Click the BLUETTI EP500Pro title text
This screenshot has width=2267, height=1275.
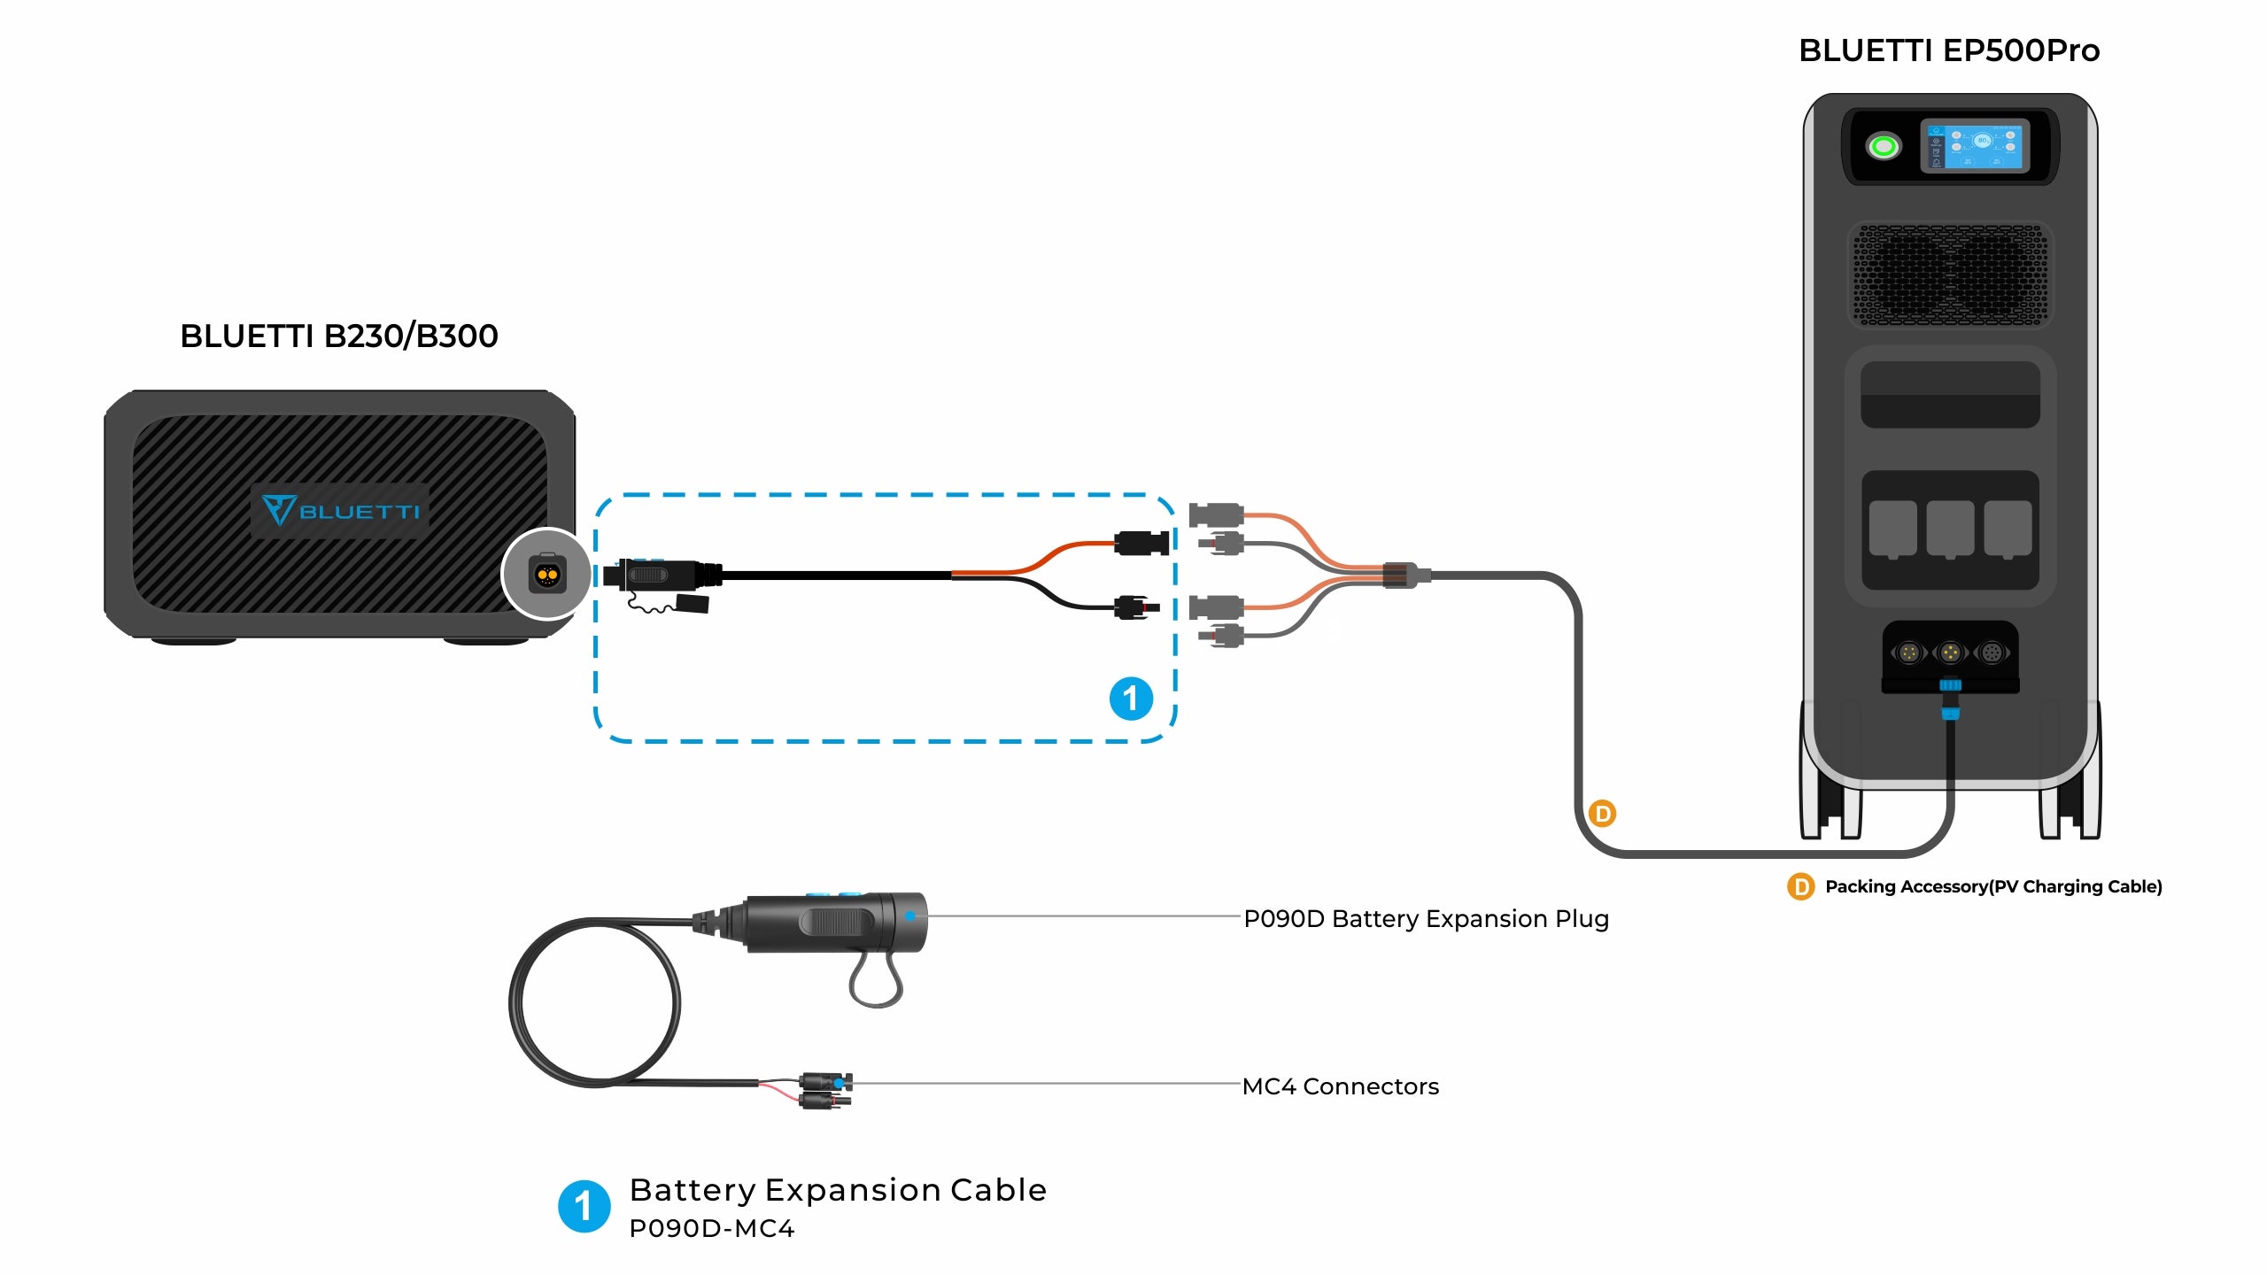[1948, 50]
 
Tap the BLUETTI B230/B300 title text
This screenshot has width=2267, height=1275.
[338, 336]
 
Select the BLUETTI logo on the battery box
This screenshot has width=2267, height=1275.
[340, 511]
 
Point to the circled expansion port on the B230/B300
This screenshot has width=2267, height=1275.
[547, 575]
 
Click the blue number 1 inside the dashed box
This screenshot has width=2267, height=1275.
[1131, 699]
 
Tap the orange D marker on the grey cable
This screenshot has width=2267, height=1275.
[1602, 813]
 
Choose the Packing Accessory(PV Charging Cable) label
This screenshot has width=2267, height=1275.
[1992, 886]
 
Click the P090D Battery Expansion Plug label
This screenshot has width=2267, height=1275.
[1426, 919]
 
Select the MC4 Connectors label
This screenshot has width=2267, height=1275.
[1340, 1086]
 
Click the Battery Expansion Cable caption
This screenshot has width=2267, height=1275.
[837, 1190]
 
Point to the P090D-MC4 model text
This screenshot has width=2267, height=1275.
[711, 1229]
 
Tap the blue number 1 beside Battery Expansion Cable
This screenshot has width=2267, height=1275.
[584, 1206]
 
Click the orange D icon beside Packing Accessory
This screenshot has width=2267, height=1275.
[1800, 886]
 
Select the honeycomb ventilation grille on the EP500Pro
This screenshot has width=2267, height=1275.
[1950, 274]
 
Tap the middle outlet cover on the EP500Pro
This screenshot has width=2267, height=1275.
[1950, 529]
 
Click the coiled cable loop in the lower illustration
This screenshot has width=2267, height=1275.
[595, 1002]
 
